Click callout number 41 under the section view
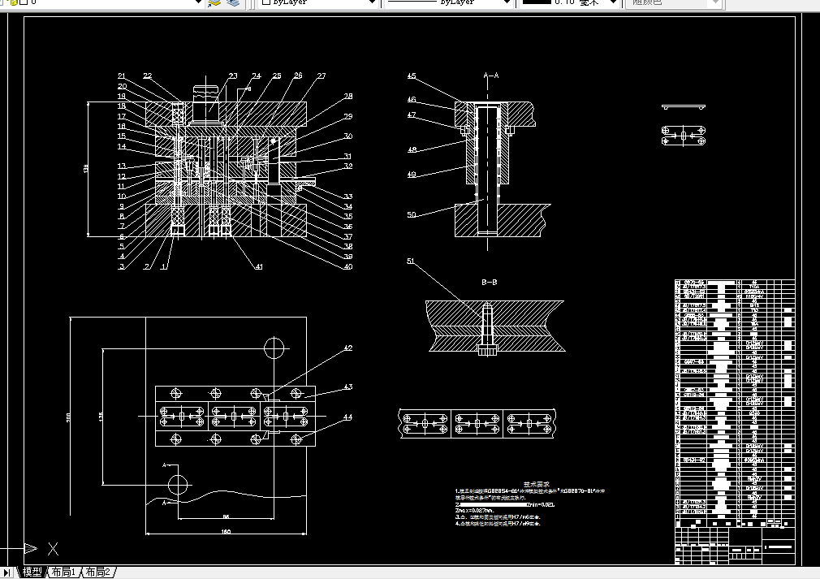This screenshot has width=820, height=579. pos(259,266)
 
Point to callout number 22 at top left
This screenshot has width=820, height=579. pos(147,76)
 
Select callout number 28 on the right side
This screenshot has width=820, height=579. pos(348,97)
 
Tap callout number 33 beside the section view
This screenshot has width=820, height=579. pos(348,197)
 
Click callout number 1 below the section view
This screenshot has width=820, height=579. pos(163,266)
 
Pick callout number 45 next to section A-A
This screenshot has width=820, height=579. pos(412,76)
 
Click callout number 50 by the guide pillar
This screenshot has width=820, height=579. pos(412,214)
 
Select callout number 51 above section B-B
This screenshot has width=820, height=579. pos(411,261)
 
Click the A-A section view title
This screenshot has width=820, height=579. pos(491,76)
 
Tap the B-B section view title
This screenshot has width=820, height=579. pos(490,283)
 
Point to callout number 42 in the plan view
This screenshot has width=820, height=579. pos(347,348)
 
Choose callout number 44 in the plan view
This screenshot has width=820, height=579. pos(347,417)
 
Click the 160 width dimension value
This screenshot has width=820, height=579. pos(226,532)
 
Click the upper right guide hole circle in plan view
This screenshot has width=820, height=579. pos(275,348)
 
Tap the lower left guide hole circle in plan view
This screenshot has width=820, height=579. pos(179,484)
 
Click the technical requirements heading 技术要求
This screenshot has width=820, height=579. pos(536,482)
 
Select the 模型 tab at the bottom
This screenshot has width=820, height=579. pos(32,573)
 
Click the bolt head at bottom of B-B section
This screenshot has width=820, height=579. pos(489,352)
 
